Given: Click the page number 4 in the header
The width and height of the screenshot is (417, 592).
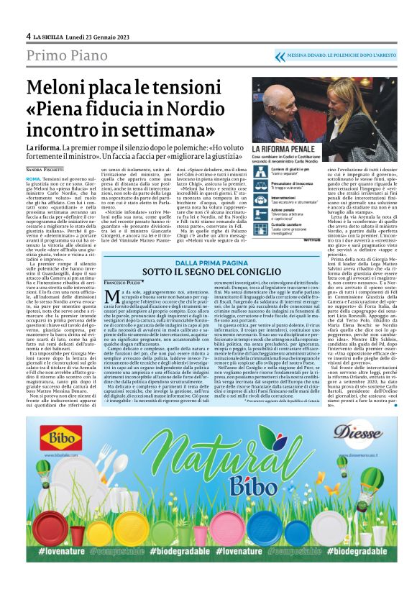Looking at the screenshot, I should click(x=28, y=36).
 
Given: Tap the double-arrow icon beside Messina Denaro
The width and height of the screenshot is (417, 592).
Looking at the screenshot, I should click(x=280, y=55).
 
